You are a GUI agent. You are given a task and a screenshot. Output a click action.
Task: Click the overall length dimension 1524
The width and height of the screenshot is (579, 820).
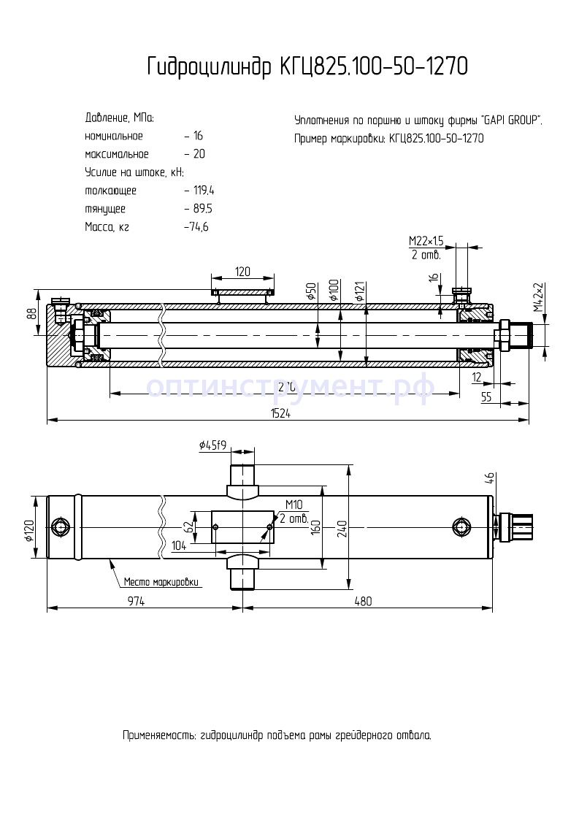point(280,413)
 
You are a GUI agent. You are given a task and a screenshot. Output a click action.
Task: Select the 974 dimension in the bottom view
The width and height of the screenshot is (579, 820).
point(137,601)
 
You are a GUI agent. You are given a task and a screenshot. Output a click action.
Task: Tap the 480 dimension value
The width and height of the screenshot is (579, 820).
point(363,601)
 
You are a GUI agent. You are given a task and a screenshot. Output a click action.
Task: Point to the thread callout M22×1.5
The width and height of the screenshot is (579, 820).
point(426,240)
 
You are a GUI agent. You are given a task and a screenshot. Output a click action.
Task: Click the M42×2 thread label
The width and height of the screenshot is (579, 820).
point(538,297)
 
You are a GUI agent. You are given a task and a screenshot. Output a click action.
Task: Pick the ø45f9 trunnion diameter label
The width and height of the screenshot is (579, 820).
point(212,444)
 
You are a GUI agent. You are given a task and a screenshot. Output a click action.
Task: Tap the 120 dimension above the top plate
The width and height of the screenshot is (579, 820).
point(242,272)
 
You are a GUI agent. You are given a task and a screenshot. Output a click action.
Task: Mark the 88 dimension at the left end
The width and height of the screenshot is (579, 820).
point(31,313)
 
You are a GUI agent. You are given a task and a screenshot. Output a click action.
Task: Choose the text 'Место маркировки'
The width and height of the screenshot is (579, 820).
point(161,582)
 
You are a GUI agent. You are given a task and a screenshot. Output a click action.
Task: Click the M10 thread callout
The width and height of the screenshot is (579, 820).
point(294,505)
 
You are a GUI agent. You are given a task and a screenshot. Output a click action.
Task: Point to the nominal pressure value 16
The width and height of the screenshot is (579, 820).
point(198,136)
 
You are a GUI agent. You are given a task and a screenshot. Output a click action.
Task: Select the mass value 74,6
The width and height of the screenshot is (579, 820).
point(198,227)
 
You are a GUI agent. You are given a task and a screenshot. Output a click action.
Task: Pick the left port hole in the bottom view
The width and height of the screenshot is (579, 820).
point(59,526)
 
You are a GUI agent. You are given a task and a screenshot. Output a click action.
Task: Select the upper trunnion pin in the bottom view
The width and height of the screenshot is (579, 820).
point(242,480)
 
